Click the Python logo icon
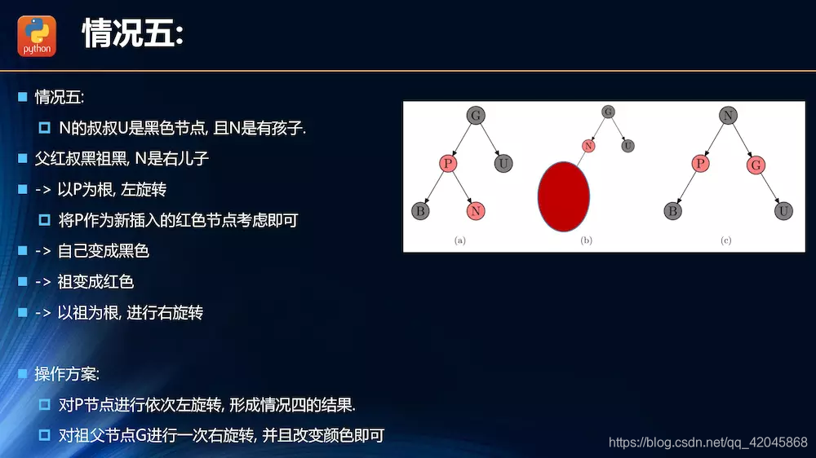[38, 37]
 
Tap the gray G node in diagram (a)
[476, 115]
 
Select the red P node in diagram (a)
[448, 164]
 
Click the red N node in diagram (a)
[476, 211]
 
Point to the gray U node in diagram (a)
[503, 164]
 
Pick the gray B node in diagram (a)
[420, 211]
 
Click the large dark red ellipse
[563, 196]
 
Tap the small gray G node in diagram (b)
[608, 112]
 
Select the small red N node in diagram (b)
[588, 146]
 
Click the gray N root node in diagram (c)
[728, 116]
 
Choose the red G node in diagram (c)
[756, 165]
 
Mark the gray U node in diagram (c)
[783, 212]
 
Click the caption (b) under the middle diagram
[586, 240]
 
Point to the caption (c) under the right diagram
[725, 240]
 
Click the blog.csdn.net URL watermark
[707, 443]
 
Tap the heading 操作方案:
[67, 375]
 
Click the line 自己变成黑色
[103, 251]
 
